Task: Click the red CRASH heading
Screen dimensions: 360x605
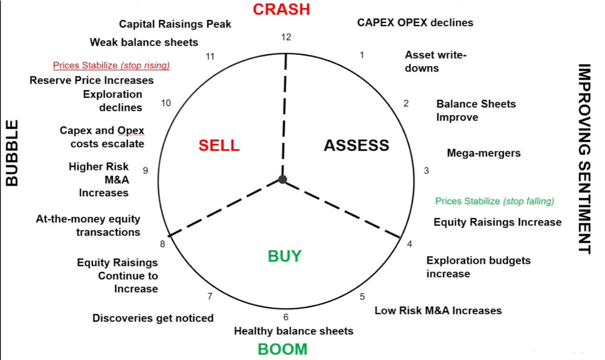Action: coord(281,9)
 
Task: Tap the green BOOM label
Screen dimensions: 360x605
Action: coord(282,349)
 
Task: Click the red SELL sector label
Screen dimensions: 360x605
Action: coord(219,145)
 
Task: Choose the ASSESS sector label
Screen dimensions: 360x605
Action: coord(356,145)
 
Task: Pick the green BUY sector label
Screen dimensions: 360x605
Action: coord(285,256)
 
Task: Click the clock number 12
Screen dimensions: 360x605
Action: coord(286,37)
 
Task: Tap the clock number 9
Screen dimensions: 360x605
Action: coord(146,170)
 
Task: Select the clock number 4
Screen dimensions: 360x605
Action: coord(409,244)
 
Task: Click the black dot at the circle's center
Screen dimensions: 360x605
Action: coord(283,180)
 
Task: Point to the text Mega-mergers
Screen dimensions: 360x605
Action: coord(484,153)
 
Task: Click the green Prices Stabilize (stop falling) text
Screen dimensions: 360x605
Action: coord(494,201)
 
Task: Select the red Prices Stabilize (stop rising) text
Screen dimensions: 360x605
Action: coord(111,66)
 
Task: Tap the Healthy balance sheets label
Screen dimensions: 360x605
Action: coord(293,331)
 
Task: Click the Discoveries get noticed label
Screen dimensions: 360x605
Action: coord(153,318)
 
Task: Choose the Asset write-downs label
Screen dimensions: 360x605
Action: coord(435,61)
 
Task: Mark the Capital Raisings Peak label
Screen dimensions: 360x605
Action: coord(175,24)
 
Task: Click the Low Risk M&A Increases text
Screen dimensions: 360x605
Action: coord(438,311)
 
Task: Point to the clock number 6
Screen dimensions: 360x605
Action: coord(286,317)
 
